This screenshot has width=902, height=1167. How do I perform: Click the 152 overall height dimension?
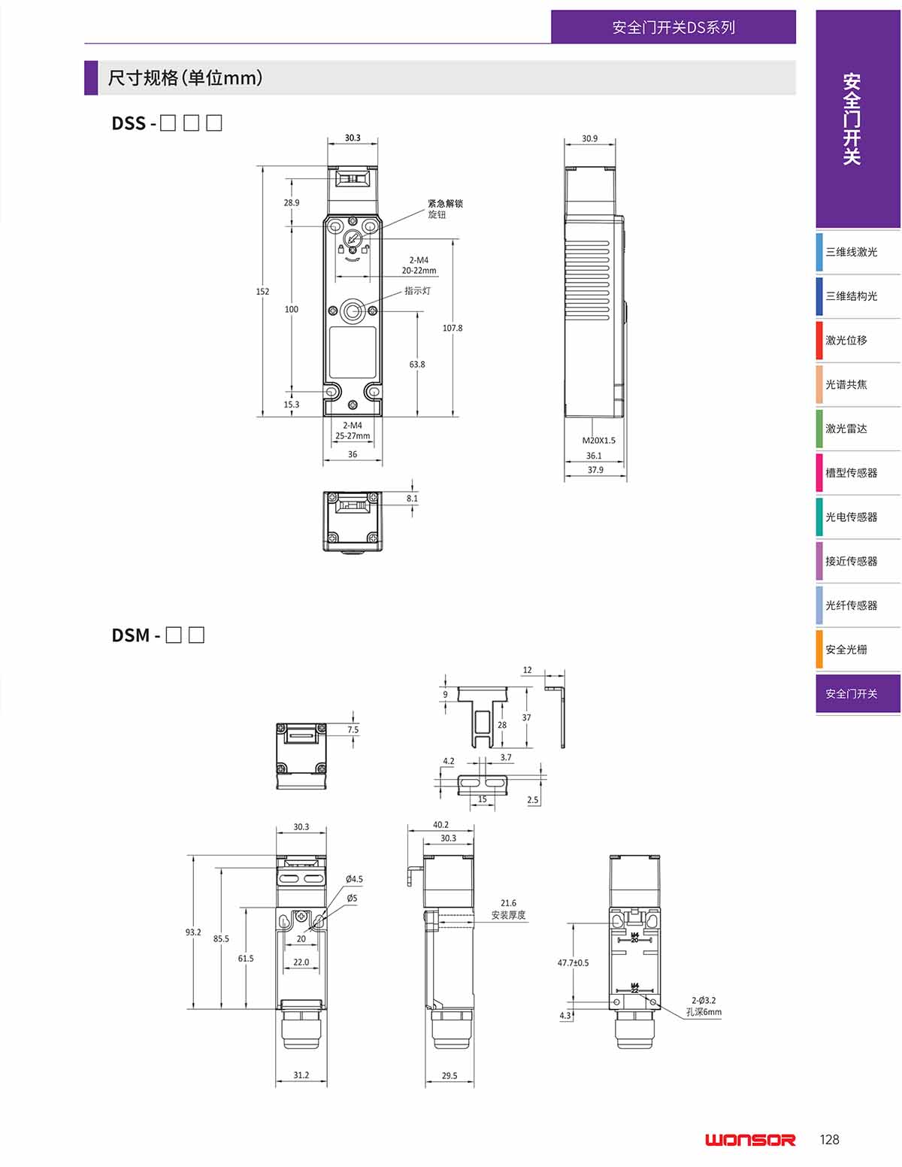[262, 292]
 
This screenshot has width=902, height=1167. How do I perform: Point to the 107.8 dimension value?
[452, 328]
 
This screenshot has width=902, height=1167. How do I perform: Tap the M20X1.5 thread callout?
[599, 441]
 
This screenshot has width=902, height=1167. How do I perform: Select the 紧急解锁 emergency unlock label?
[445, 204]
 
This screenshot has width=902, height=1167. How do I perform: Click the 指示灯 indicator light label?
[417, 290]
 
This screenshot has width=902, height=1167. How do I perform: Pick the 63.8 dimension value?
[417, 364]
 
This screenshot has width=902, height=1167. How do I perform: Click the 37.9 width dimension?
[595, 470]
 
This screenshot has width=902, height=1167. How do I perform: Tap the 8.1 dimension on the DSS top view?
[412, 499]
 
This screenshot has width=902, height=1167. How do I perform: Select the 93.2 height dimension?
[193, 932]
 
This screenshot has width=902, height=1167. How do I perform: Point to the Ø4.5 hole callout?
[354, 879]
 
